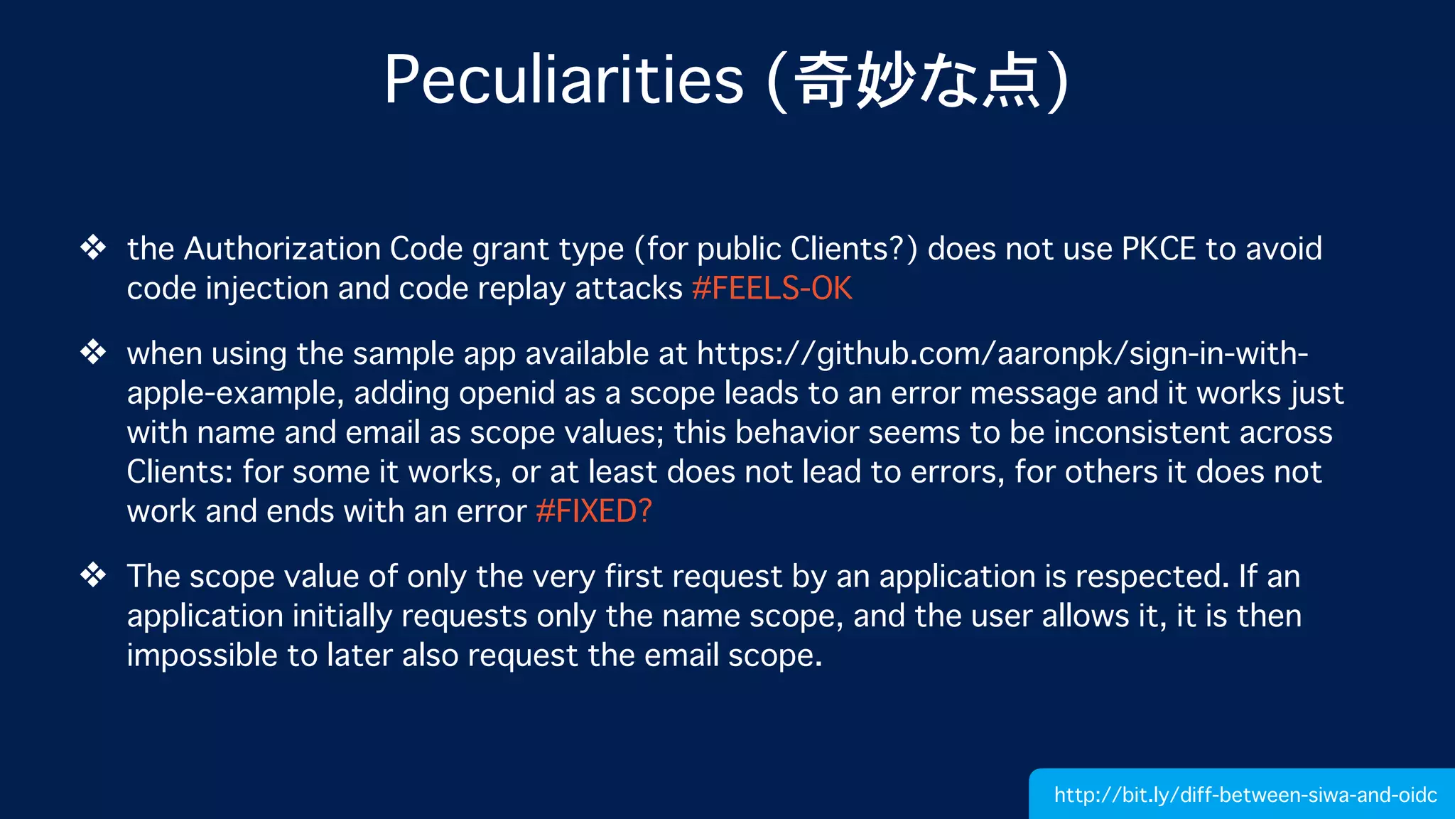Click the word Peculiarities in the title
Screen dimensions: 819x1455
click(x=563, y=80)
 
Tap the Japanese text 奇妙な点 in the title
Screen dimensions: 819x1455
click(x=916, y=80)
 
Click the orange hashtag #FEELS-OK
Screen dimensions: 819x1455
click(x=772, y=289)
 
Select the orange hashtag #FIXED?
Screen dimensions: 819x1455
click(x=593, y=511)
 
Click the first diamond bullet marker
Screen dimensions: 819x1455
click(x=93, y=248)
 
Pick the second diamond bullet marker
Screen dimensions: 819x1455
click(x=93, y=353)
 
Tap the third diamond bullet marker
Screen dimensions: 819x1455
click(x=93, y=575)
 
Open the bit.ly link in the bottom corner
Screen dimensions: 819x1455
click(x=1245, y=795)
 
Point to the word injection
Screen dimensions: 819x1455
click(x=267, y=289)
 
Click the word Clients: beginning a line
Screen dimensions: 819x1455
click(x=180, y=472)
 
